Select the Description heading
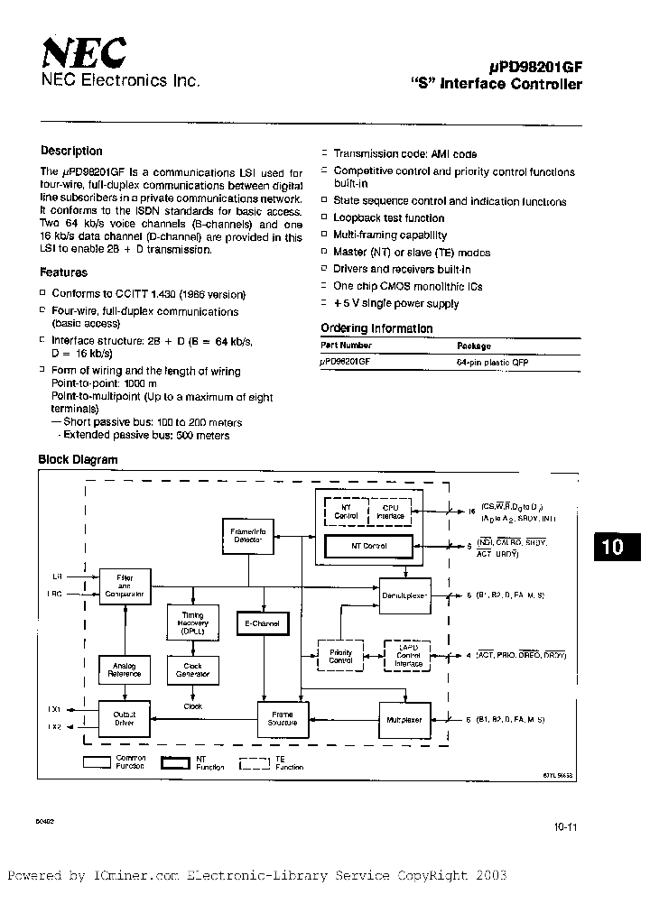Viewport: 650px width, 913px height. [x=72, y=152]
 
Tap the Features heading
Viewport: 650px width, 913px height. [x=64, y=272]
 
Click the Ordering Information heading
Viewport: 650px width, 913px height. [x=376, y=328]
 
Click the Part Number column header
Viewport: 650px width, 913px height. [x=347, y=346]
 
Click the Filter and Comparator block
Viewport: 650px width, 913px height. [x=124, y=586]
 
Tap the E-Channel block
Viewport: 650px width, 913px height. [x=262, y=623]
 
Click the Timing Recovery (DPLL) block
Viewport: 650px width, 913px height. [x=192, y=623]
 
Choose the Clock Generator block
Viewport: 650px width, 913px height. [x=192, y=669]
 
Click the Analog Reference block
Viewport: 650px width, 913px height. [x=124, y=669]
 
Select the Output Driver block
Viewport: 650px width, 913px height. [x=124, y=719]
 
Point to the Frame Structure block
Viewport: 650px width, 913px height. [x=282, y=719]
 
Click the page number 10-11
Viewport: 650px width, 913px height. [x=564, y=828]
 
